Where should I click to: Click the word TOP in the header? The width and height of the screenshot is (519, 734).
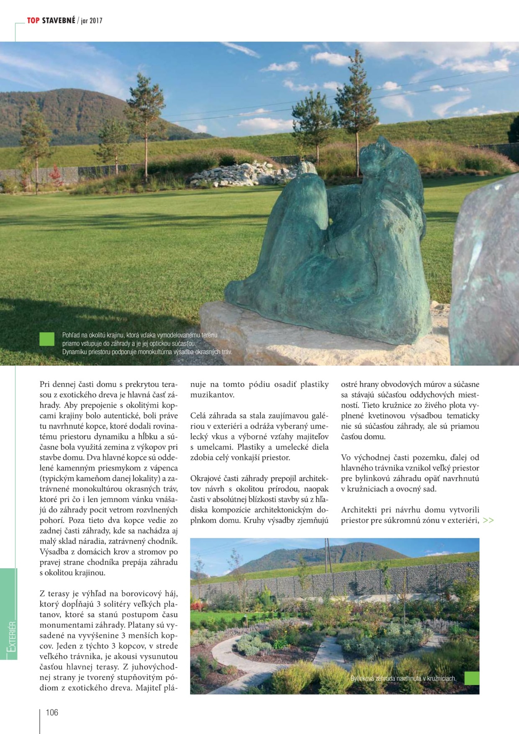(33, 21)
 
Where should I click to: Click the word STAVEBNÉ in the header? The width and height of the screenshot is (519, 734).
(59, 21)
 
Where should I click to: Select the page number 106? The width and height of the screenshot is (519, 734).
(52, 713)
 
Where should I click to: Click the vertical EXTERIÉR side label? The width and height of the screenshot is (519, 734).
(12, 636)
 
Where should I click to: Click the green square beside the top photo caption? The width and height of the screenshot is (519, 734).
(47, 339)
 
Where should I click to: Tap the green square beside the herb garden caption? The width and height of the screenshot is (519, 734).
(472, 678)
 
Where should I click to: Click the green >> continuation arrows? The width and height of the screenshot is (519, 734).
(488, 521)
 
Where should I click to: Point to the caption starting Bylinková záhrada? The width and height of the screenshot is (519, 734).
(403, 679)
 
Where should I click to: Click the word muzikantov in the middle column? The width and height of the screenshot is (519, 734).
(212, 395)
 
